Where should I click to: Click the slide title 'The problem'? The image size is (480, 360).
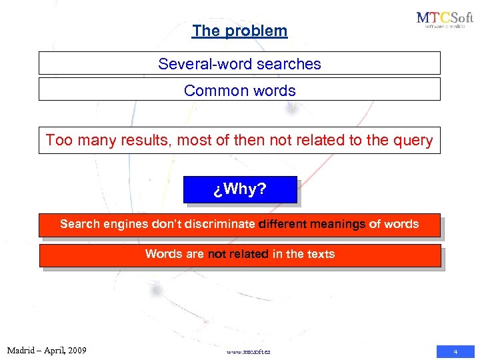click(239, 31)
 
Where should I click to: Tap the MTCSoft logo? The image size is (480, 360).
click(444, 20)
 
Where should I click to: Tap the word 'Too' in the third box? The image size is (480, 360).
click(59, 141)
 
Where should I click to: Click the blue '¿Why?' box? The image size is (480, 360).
click(240, 189)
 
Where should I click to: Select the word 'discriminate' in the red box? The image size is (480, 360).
click(217, 224)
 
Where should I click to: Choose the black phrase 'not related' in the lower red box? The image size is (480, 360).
click(239, 254)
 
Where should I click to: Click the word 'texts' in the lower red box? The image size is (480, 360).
click(320, 254)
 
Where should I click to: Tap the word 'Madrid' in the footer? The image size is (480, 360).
click(22, 350)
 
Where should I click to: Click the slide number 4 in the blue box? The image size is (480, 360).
click(455, 351)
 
